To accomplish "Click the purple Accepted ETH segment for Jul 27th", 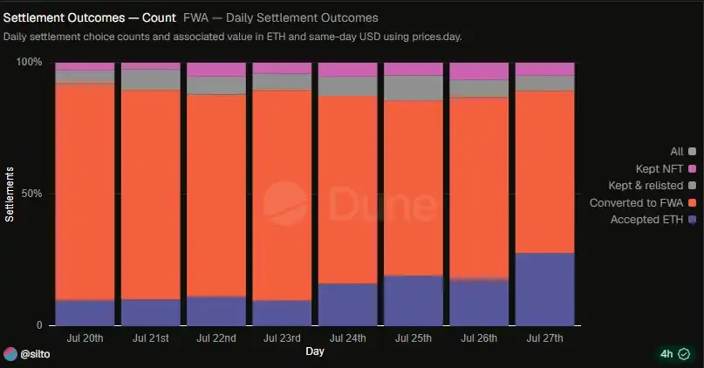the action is tap(544, 290).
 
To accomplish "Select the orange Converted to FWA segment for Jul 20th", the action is tap(85, 192).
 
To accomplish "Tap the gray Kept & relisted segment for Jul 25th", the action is tap(414, 88).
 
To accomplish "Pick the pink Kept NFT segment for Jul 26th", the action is tap(479, 72).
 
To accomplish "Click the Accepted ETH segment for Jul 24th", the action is tap(348, 304).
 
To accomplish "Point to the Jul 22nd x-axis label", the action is tap(216, 338).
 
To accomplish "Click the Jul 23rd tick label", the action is tap(282, 338).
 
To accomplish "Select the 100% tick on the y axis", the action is tap(29, 62).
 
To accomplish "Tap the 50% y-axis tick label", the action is tap(32, 194).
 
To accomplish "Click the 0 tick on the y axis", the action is tap(39, 325).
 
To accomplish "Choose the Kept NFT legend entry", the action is tap(666, 169).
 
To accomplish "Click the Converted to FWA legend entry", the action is tap(643, 203).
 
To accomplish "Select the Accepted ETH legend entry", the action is tap(653, 220).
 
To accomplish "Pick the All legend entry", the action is tap(683, 152).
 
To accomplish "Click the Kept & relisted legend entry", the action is tap(653, 186).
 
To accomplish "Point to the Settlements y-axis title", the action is tap(10, 194).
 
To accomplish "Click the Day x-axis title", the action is tap(315, 351).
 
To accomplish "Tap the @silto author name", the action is tap(35, 354).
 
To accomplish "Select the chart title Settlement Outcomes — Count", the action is tap(89, 18).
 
